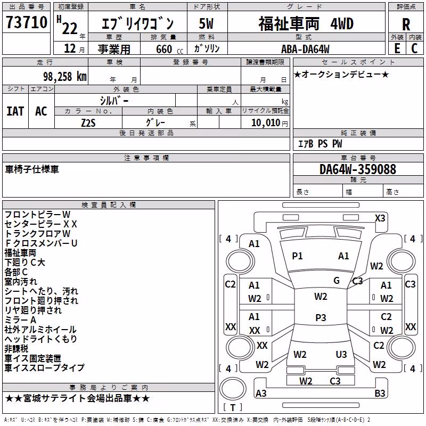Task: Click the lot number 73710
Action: (x=27, y=22)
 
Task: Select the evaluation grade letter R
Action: (x=406, y=24)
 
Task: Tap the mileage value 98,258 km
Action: (x=65, y=77)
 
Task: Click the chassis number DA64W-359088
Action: (x=358, y=169)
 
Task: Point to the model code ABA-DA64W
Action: (x=305, y=49)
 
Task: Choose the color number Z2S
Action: (x=88, y=123)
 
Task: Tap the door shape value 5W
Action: (x=206, y=23)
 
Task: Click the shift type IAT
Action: (x=15, y=111)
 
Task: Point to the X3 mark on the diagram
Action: (x=380, y=218)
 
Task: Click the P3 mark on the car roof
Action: (x=321, y=317)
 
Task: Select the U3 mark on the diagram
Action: (x=341, y=354)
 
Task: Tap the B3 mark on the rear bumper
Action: (x=380, y=393)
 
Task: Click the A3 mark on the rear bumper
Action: (x=261, y=393)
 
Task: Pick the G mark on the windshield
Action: (x=337, y=281)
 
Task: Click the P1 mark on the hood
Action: (x=297, y=256)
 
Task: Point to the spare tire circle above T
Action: (x=233, y=389)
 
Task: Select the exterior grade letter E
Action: (x=397, y=48)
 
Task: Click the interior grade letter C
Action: (x=414, y=48)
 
